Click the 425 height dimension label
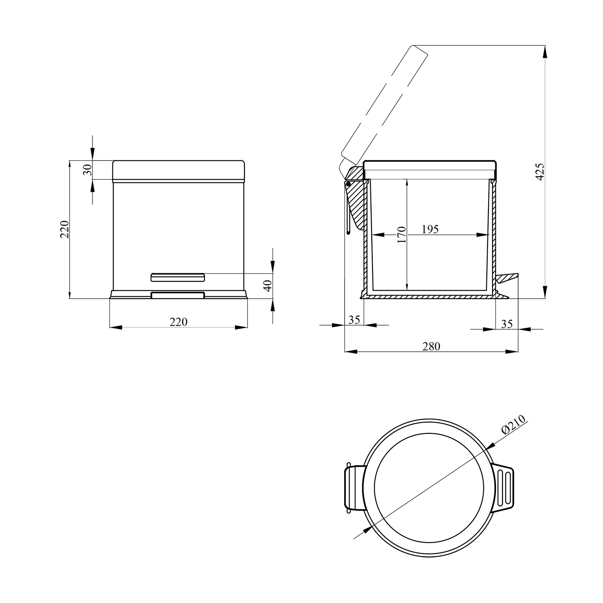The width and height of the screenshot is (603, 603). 540,171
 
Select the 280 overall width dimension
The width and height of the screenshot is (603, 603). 431,346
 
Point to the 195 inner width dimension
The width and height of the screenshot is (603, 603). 430,229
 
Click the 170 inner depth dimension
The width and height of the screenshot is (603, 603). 402,235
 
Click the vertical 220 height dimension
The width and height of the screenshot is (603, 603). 64,230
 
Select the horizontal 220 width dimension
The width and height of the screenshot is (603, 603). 178,322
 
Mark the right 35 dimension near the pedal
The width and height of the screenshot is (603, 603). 507,324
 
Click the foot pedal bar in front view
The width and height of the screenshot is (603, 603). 178,277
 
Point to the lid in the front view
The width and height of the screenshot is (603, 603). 178,171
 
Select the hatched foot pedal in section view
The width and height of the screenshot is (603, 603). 507,278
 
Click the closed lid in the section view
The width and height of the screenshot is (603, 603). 430,169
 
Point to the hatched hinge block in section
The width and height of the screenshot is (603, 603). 355,197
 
